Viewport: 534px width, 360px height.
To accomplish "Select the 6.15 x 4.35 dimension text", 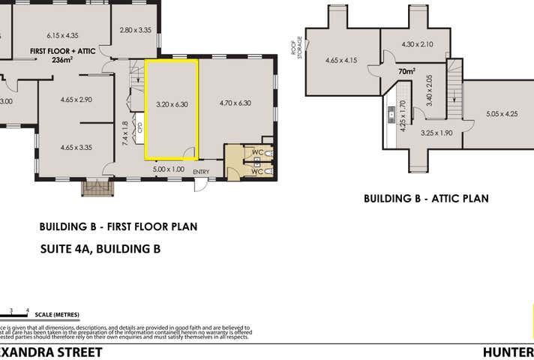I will [x=62, y=35].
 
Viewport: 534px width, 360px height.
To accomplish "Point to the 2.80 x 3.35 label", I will [x=136, y=30].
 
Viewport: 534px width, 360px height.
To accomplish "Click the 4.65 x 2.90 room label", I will [x=76, y=99].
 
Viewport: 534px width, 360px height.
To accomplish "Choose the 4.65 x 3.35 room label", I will [x=76, y=147].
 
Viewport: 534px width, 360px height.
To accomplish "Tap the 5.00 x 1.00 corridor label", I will [x=169, y=169].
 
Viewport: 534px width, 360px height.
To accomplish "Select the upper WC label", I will [x=257, y=152].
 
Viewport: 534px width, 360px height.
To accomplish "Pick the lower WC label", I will [x=257, y=172].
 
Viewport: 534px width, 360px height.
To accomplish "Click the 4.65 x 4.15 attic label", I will [x=340, y=60].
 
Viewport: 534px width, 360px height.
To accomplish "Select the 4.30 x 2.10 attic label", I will [x=417, y=44].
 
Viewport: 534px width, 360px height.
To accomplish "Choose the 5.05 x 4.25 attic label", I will [x=502, y=115].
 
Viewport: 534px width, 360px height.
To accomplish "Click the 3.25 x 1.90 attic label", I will [x=436, y=133].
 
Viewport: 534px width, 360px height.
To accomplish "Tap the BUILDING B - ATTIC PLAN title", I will [x=426, y=199].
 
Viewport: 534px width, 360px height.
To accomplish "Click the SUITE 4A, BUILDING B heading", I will [x=100, y=249].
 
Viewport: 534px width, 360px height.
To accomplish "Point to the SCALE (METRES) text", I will [x=56, y=314].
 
